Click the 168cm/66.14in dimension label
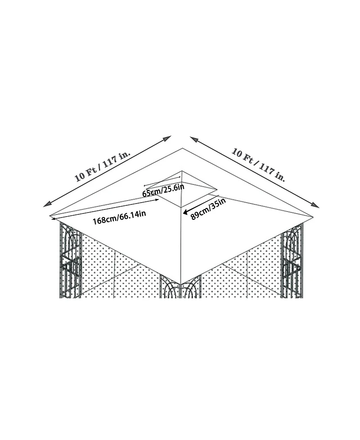tap(119, 217)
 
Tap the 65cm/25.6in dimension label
tap(163, 190)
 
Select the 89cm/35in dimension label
tap(208, 209)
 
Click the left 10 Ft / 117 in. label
tap(103, 166)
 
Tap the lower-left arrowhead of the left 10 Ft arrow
tap(47, 204)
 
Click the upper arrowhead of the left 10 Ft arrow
tap(167, 138)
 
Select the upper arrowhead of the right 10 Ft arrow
tap(194, 139)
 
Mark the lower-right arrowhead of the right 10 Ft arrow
tap(315, 205)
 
